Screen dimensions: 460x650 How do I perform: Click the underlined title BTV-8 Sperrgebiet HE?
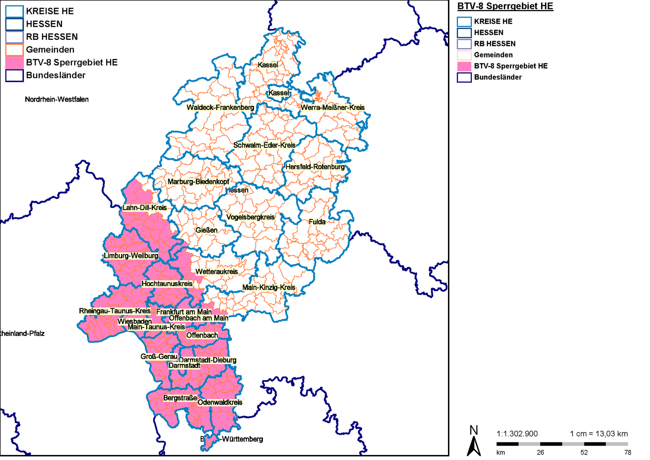505,6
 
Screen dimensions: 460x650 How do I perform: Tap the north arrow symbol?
474,442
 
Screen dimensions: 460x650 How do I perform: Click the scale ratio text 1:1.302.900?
517,434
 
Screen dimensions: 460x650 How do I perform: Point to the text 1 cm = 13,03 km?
599,434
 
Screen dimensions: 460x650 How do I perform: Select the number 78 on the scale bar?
627,452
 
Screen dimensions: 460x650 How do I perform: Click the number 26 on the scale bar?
540,452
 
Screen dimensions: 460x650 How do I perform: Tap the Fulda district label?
317,222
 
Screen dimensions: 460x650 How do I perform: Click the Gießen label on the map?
206,230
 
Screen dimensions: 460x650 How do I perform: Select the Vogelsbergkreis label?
250,217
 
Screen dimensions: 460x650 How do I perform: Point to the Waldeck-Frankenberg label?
220,108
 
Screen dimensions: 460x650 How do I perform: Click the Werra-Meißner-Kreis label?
333,108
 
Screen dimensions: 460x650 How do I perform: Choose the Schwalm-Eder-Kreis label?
264,145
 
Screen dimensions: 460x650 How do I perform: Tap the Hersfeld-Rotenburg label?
315,167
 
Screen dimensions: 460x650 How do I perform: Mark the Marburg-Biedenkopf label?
198,182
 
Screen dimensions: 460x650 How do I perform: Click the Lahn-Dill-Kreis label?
144,207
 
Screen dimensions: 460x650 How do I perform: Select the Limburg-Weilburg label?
131,256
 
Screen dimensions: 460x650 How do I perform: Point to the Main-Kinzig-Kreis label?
269,287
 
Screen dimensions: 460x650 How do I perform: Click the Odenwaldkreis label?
220,402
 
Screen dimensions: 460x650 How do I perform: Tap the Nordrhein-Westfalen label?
57,99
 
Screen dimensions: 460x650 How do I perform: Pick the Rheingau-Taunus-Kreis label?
115,311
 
